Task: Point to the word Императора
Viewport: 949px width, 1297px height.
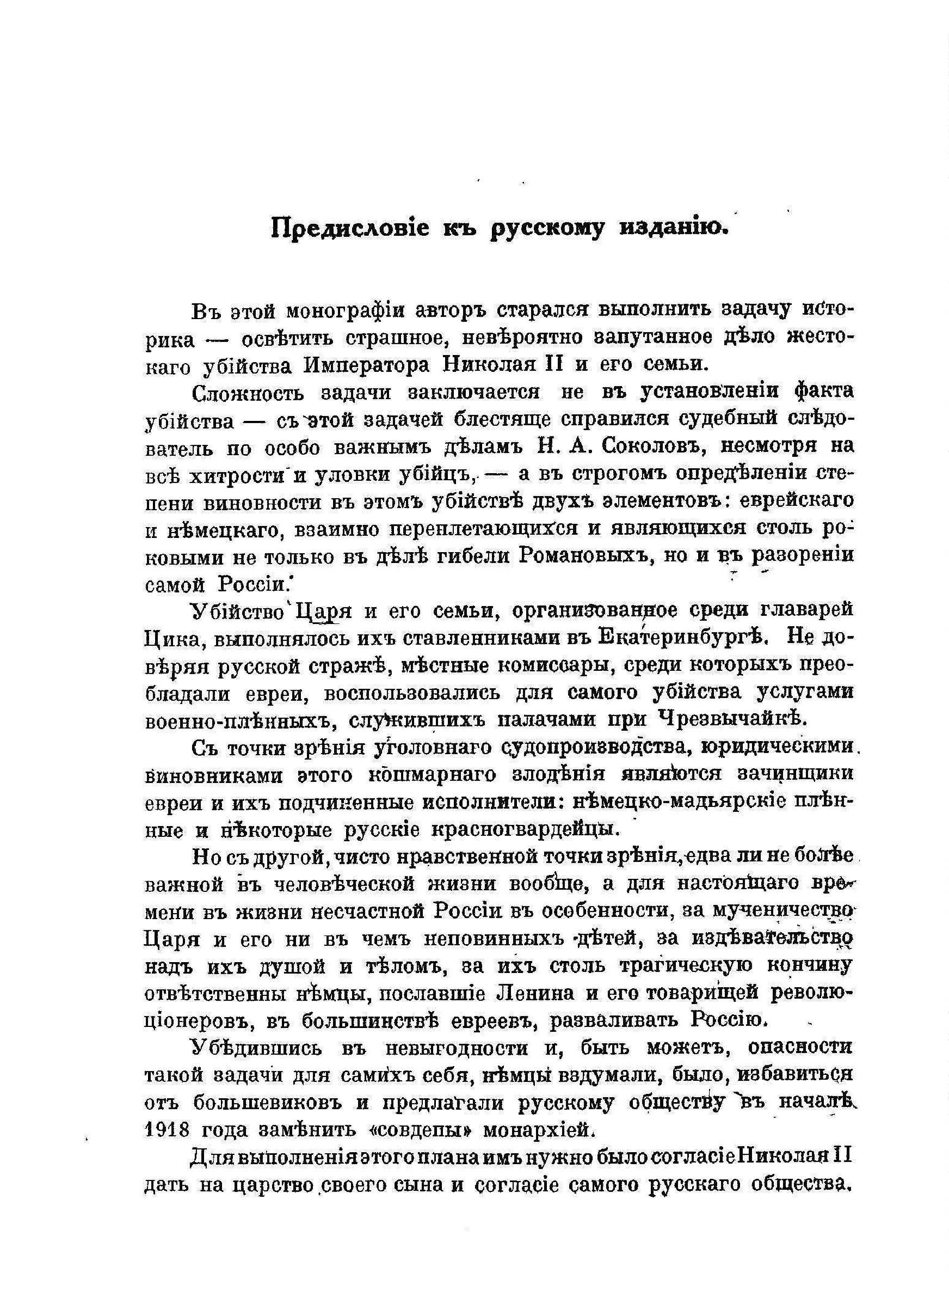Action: pos(369,365)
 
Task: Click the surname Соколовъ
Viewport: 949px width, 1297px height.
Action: pos(650,447)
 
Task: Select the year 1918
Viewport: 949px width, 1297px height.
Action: pos(167,1130)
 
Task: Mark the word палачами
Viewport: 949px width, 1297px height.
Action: pos(568,719)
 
